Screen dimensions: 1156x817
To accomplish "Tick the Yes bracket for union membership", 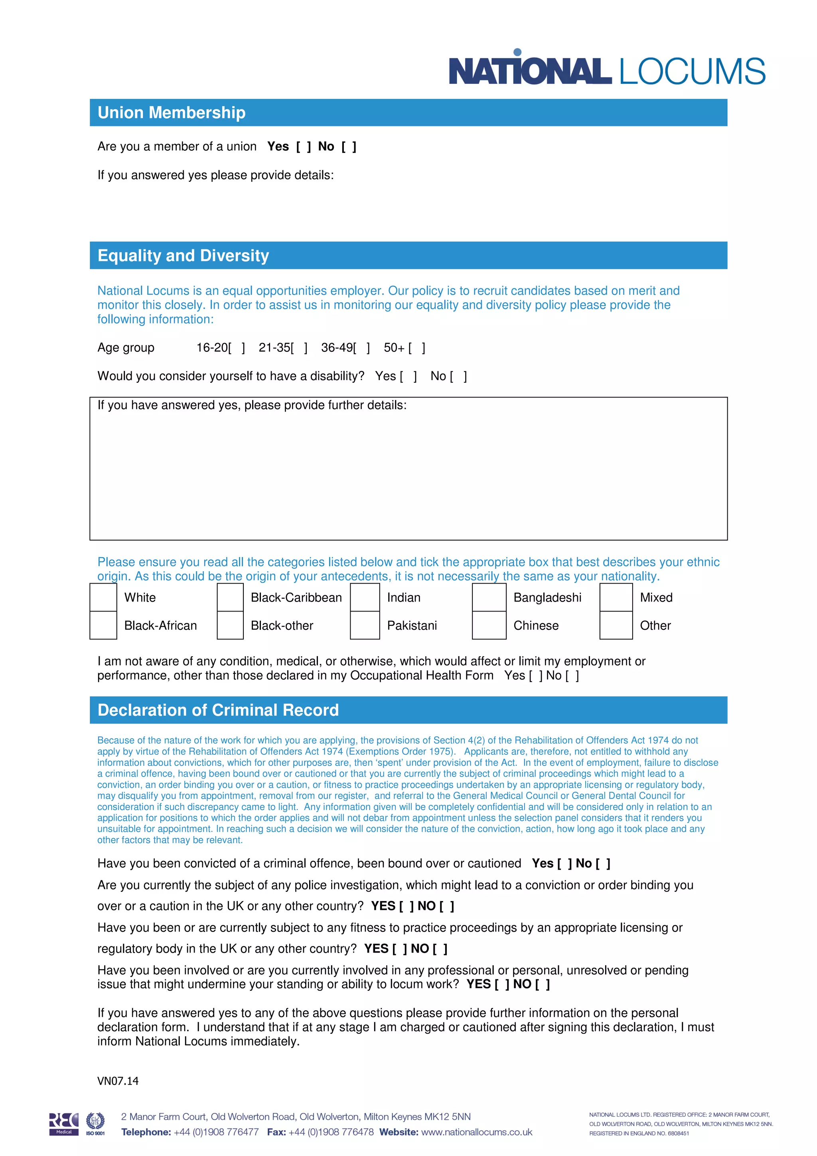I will (304, 146).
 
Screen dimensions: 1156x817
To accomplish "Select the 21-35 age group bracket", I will (299, 348).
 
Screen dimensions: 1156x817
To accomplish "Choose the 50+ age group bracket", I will (417, 348).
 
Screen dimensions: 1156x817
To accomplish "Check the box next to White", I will (103, 597).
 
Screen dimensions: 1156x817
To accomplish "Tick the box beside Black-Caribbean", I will (230, 597).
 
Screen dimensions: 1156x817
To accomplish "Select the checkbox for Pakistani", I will (365, 625).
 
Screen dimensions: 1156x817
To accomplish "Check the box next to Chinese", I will (489, 625).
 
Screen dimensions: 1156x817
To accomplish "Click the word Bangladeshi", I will (547, 598).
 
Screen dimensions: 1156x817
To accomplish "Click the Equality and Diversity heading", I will (183, 255).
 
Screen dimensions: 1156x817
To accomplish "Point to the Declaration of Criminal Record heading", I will (218, 710).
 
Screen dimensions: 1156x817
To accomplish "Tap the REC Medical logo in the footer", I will (64, 1124).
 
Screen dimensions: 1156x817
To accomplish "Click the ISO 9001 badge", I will (95, 1124).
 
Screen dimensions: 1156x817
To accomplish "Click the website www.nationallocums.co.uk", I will (476, 1132).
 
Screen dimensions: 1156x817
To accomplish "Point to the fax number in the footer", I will (331, 1132).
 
